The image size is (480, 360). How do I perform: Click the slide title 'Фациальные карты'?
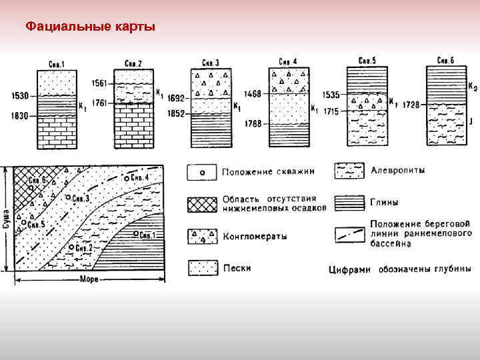(90, 27)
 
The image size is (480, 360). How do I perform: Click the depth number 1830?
(20, 116)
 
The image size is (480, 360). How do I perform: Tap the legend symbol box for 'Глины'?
(349, 200)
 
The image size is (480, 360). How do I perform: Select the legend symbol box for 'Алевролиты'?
(349, 171)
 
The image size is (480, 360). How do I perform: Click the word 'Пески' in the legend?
(237, 267)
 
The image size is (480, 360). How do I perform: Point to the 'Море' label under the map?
(89, 279)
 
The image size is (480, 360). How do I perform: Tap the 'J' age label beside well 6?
(470, 121)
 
